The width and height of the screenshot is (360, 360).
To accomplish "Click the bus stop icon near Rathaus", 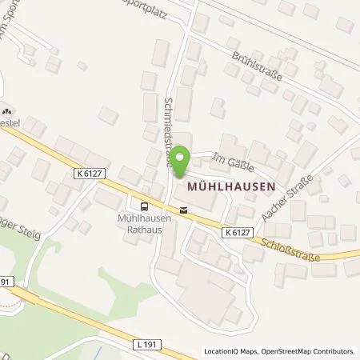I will coord(145,204).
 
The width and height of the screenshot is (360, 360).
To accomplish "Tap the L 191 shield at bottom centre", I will coord(142,343).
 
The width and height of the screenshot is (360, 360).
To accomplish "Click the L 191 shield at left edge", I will coord(6,282).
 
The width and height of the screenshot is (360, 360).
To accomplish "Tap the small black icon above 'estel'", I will coord(7,112).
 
